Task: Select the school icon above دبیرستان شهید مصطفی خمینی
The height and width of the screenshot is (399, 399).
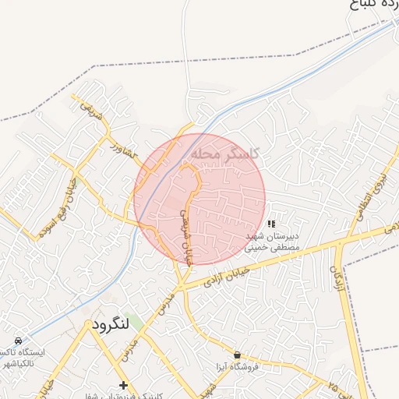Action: pyautogui.click(x=270, y=224)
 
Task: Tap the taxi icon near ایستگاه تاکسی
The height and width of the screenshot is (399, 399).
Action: pyautogui.click(x=19, y=341)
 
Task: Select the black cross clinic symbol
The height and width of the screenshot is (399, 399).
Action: pyautogui.click(x=122, y=385)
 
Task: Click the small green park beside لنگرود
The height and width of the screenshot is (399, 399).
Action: pyautogui.click(x=115, y=321)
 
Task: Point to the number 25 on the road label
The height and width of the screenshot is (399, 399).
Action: pyautogui.click(x=333, y=385)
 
